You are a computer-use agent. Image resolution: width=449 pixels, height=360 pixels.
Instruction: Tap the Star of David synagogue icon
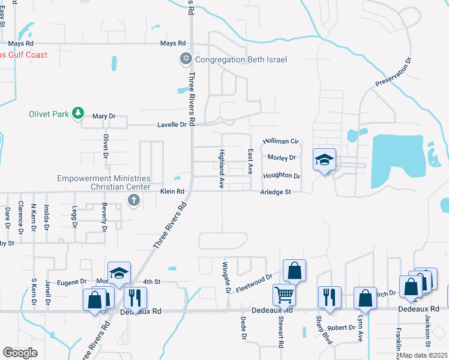click(x=186, y=59)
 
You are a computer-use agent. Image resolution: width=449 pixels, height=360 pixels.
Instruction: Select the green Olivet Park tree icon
click(x=77, y=113)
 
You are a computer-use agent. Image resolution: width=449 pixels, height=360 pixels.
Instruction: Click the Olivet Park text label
click(x=50, y=113)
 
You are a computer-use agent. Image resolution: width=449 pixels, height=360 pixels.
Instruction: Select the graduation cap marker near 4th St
click(x=119, y=273)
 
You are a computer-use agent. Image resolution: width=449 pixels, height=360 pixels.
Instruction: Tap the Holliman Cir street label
click(x=280, y=140)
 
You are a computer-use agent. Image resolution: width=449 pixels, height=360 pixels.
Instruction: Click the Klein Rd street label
click(x=171, y=191)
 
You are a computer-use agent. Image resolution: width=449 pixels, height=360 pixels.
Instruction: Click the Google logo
click(x=20, y=352)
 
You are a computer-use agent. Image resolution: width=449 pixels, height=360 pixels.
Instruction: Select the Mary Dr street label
click(x=103, y=116)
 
